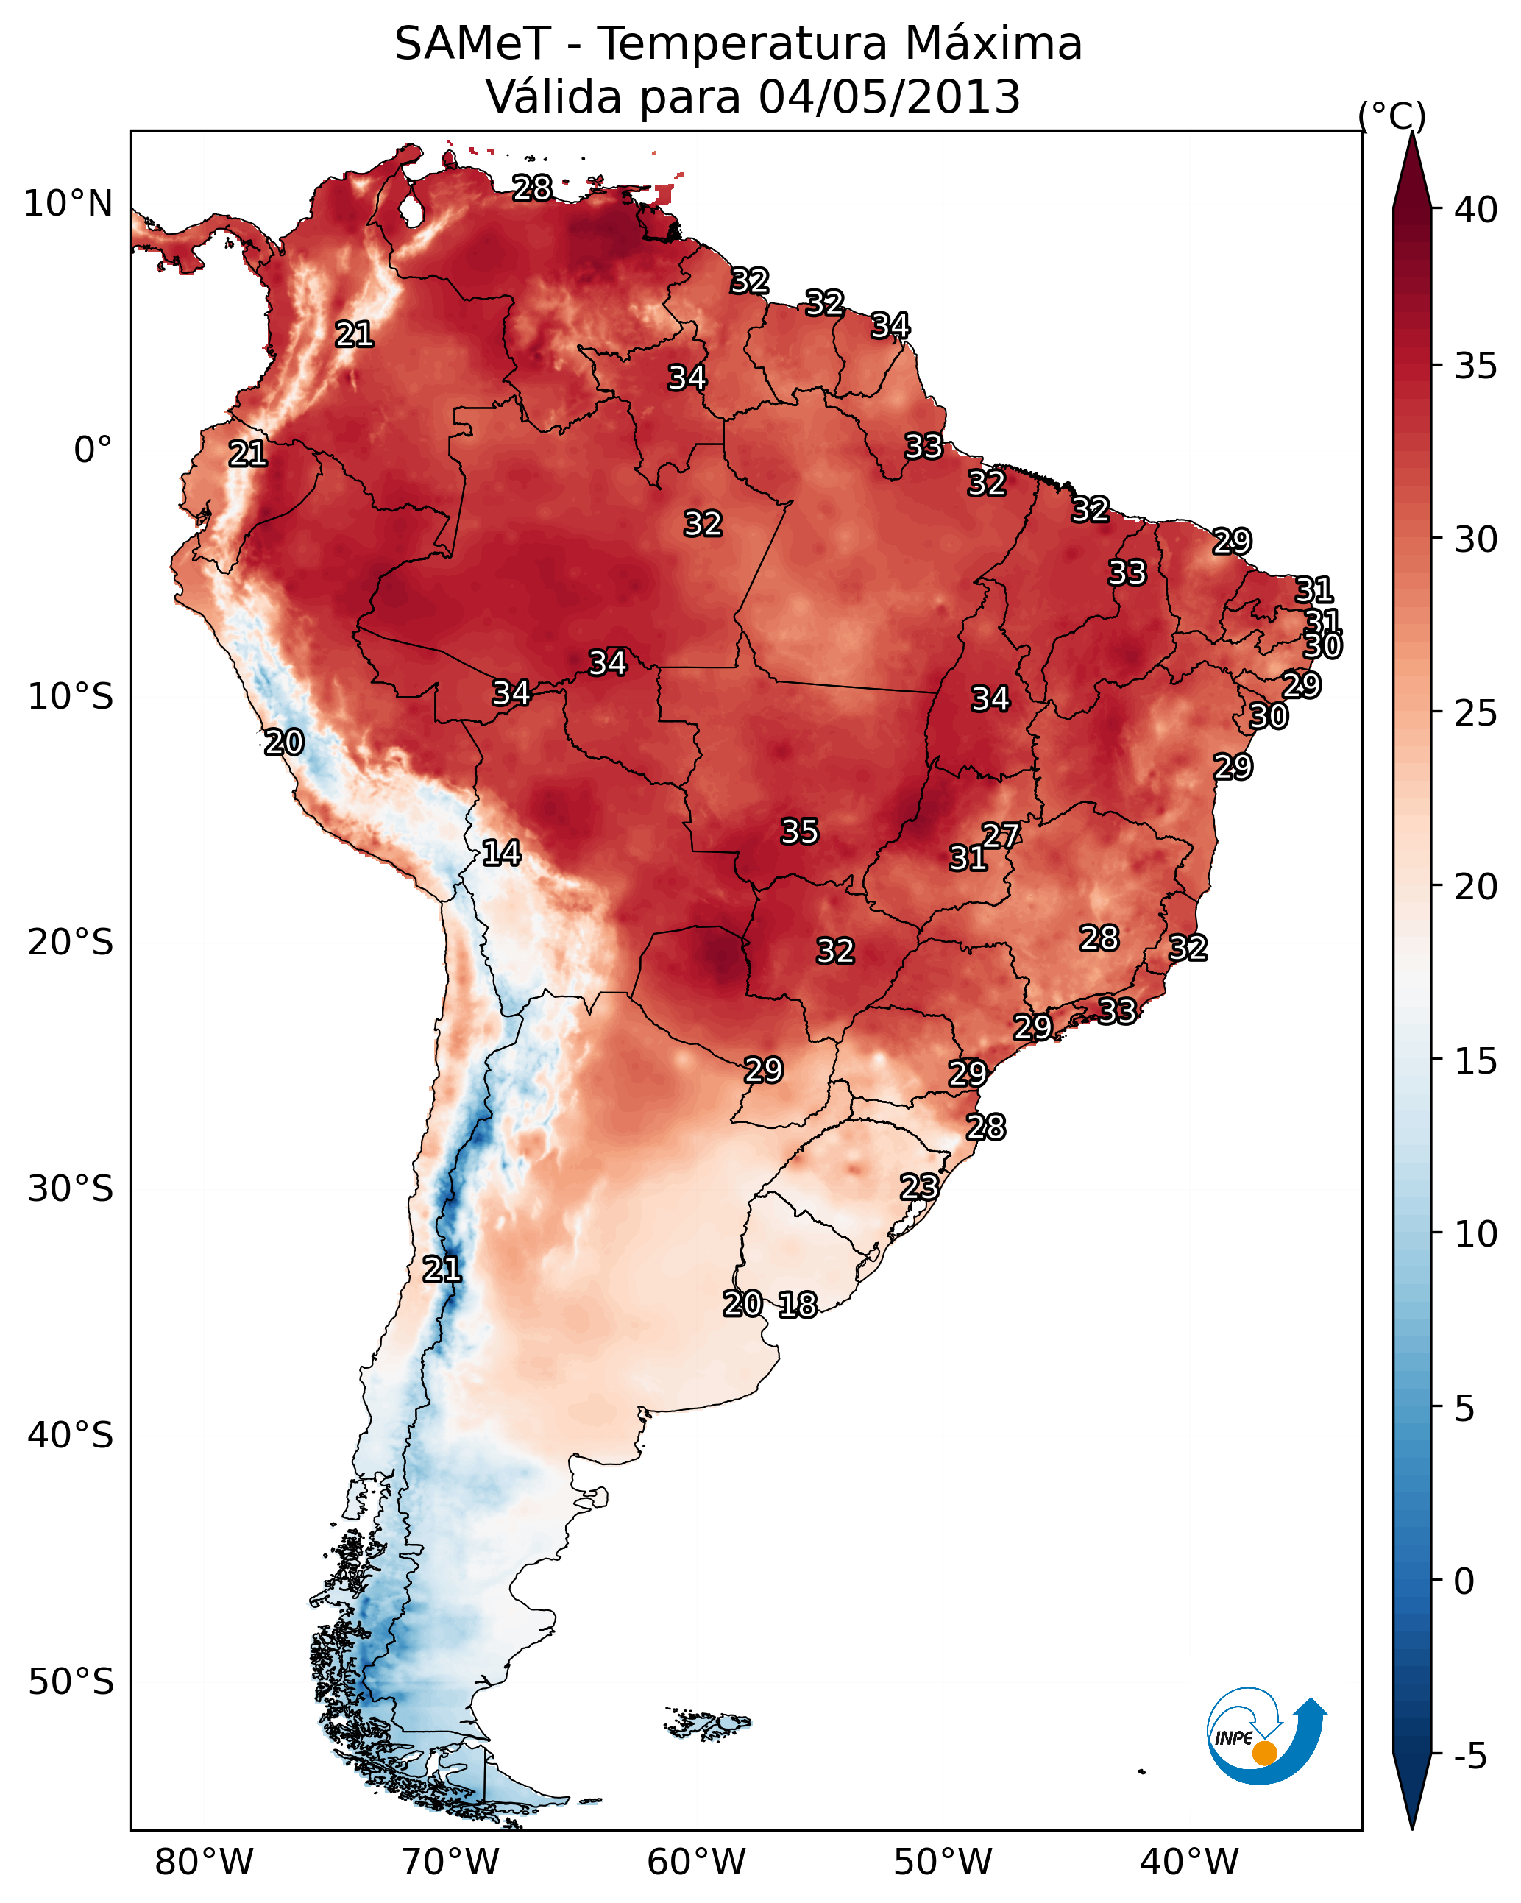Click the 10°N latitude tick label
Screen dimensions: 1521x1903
pos(68,204)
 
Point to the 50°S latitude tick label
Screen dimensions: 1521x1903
pos(71,1682)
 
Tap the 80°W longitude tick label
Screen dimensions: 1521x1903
pos(204,1862)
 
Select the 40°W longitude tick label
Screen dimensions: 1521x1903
pos(1189,1862)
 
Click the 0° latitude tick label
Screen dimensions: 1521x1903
pos(93,450)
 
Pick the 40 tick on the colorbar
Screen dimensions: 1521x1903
pos(1476,210)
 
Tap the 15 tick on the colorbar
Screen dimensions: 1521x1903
pos(1476,1061)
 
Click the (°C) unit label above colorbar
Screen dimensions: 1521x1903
pos(1392,116)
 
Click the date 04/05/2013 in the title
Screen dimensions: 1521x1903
pos(889,97)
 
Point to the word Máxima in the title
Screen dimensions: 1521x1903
pos(993,44)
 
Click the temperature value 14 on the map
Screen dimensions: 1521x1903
pos(501,853)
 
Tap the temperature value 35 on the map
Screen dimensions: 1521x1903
pos(800,832)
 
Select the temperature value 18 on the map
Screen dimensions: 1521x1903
pos(798,1305)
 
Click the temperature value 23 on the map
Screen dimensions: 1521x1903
pos(919,1186)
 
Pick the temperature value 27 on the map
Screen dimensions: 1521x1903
pos(1001,836)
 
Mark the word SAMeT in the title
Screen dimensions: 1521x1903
pos(473,44)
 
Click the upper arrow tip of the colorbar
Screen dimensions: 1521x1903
pos(1411,133)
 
